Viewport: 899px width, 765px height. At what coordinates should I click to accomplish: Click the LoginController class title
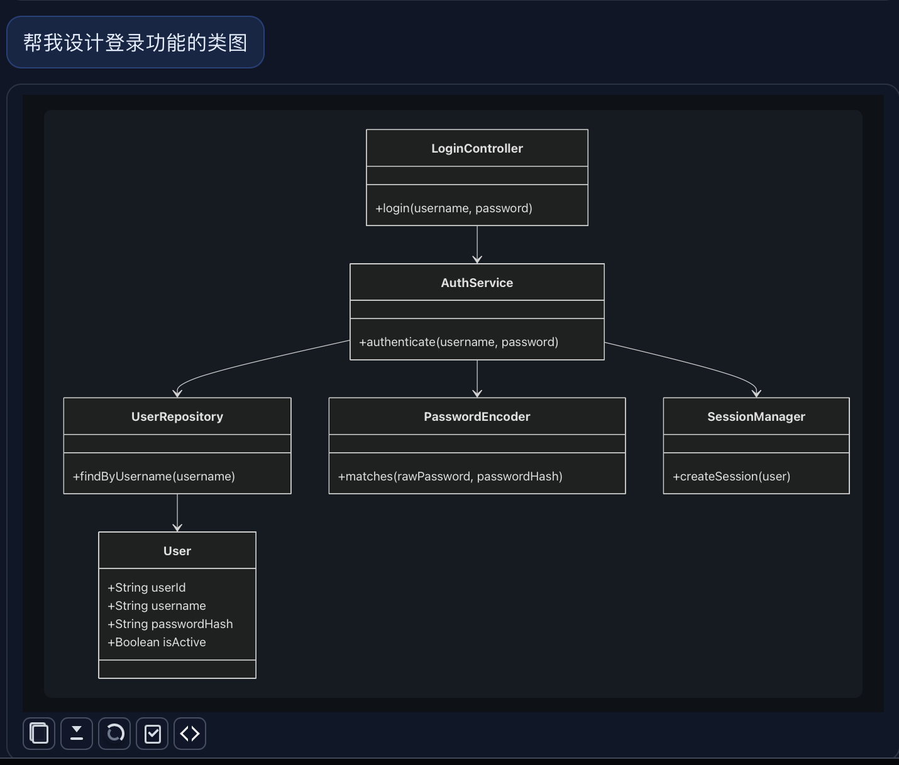(x=477, y=149)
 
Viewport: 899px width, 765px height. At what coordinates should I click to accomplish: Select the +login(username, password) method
(x=453, y=209)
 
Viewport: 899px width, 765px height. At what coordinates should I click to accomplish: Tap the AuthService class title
(x=477, y=283)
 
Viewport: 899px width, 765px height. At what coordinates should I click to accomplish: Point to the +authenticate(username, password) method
(x=458, y=342)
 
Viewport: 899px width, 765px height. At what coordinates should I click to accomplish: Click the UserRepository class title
(x=177, y=417)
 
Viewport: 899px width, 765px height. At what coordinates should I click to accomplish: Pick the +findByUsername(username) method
(x=153, y=477)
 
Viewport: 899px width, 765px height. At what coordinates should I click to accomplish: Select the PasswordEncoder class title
(x=477, y=417)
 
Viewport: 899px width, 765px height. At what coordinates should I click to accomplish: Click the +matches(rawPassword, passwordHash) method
(x=449, y=477)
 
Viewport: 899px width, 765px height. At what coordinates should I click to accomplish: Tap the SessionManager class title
(x=756, y=417)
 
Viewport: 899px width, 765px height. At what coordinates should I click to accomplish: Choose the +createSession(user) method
(x=731, y=477)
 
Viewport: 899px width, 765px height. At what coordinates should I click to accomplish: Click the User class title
(x=177, y=551)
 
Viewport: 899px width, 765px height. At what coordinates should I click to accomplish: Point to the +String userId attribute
(x=146, y=588)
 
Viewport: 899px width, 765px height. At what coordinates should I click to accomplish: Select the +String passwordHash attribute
(x=170, y=624)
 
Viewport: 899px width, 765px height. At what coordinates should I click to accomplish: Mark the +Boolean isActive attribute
(x=157, y=643)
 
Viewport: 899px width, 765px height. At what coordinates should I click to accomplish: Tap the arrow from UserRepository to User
(x=177, y=512)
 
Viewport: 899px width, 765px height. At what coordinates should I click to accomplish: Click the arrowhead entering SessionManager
(x=756, y=393)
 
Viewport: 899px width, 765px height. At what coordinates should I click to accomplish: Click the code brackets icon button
(x=190, y=734)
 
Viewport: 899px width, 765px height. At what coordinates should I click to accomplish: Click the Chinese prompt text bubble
(x=135, y=43)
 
